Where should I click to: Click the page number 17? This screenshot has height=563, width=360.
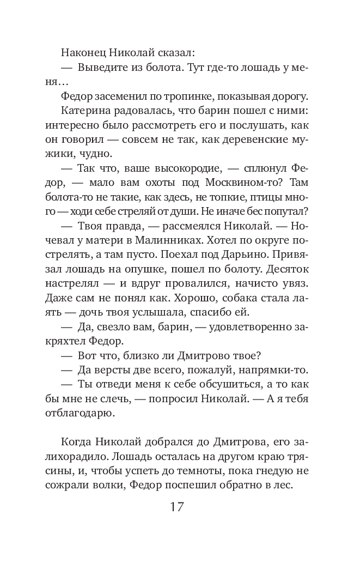176,507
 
